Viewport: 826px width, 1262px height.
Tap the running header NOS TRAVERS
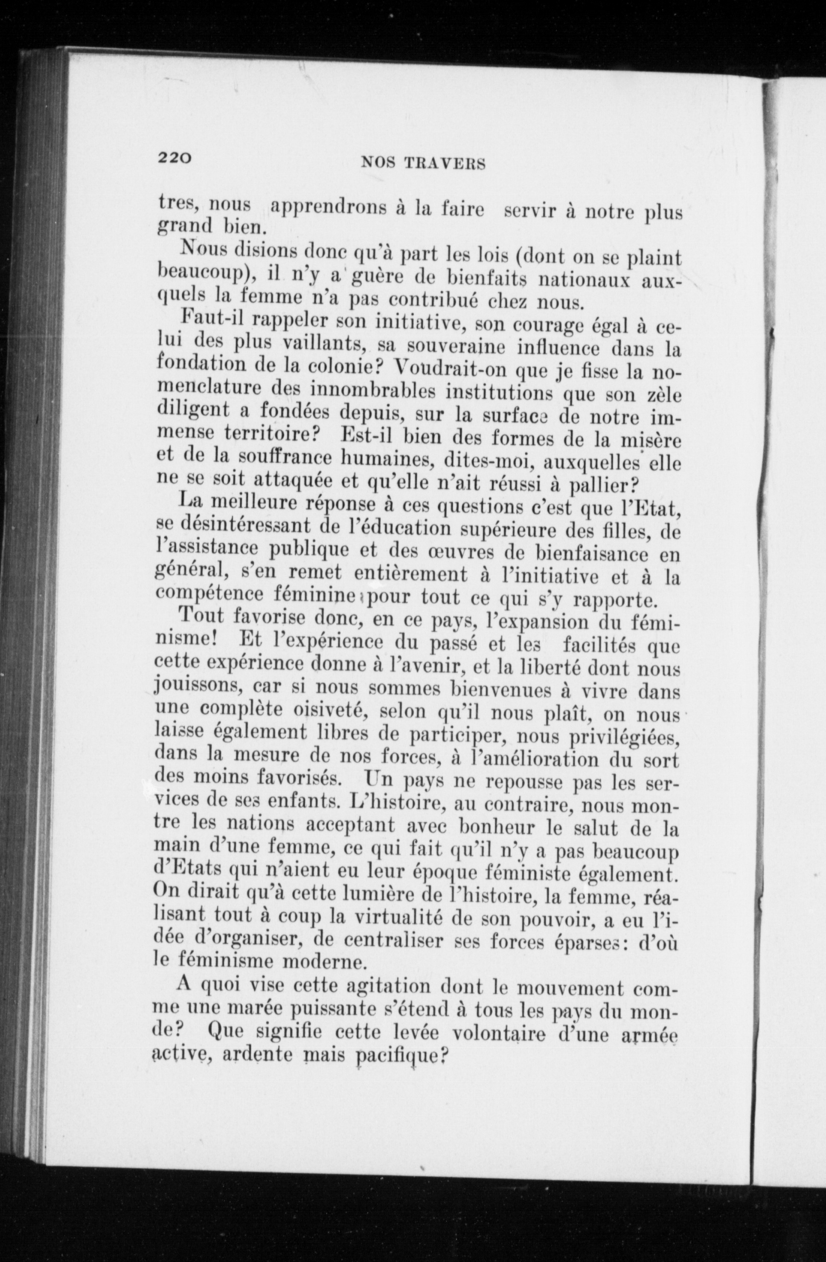pyautogui.click(x=423, y=164)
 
